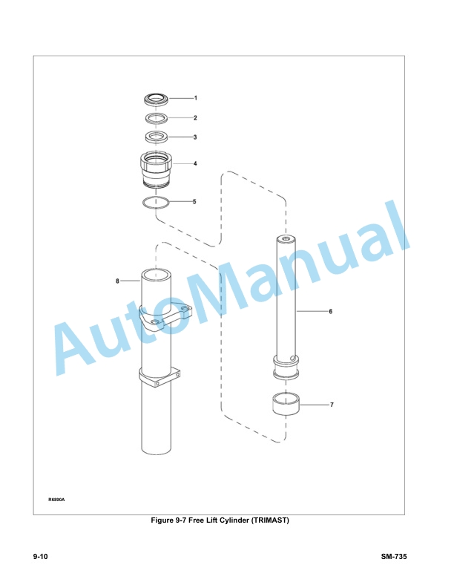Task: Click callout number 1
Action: click(x=195, y=98)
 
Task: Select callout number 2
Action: click(x=195, y=118)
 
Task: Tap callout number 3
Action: click(x=195, y=137)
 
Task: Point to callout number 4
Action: click(x=195, y=163)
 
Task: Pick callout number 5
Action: click(x=194, y=202)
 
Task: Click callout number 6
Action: click(x=330, y=311)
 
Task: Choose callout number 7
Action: click(x=332, y=405)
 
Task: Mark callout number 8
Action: click(x=117, y=281)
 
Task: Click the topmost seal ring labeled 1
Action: click(x=157, y=99)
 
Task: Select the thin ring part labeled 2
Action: click(x=157, y=118)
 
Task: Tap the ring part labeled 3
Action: click(x=157, y=136)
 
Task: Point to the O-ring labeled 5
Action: click(x=157, y=203)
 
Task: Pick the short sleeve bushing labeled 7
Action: click(x=286, y=404)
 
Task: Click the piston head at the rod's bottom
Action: click(x=286, y=367)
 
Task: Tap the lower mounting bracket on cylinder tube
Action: click(x=160, y=377)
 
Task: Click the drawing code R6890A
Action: click(x=56, y=500)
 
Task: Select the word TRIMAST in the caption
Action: click(x=269, y=520)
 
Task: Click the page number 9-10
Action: click(x=41, y=557)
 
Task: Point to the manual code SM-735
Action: click(x=394, y=557)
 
